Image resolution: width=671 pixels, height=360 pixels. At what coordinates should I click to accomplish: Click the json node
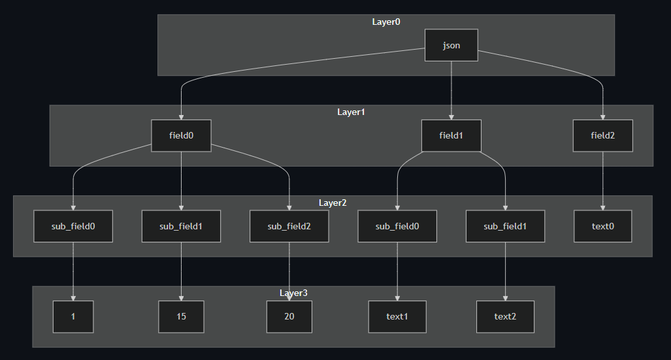pos(451,45)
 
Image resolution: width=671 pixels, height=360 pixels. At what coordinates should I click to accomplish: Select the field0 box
pos(181,136)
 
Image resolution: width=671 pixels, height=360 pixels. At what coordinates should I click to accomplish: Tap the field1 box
pos(451,136)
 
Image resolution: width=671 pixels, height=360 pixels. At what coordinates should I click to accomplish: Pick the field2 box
pos(602,136)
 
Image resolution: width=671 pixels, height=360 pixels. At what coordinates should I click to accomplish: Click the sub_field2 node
pos(289,226)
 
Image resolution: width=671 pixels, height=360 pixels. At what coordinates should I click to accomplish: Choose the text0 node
pos(602,226)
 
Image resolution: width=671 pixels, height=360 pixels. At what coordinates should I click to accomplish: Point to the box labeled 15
pos(181,317)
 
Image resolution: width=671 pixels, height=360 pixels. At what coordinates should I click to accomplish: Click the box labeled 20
pos(289,317)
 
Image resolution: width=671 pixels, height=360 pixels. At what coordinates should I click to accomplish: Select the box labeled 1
pos(73,317)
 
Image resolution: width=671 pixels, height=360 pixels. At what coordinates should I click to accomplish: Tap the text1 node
pos(397,317)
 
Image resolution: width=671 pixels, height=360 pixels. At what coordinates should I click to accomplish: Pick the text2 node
pos(505,317)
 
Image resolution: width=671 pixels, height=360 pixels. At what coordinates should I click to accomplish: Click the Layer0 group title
pos(386,22)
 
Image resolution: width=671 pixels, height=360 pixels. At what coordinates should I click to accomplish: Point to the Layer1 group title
pos(351,112)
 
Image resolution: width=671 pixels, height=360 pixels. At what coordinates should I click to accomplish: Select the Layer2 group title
pos(333,203)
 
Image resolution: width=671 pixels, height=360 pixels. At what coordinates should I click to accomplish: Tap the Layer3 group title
pos(293,293)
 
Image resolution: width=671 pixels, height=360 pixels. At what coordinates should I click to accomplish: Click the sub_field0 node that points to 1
pos(73,226)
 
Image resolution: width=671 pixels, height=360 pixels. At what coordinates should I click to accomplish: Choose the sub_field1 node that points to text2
pos(505,226)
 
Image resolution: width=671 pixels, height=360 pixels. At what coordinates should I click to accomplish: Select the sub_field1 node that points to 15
pos(181,226)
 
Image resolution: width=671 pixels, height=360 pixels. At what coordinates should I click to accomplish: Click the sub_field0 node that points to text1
pos(397,226)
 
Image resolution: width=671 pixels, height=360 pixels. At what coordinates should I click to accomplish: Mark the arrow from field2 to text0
pos(602,181)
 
